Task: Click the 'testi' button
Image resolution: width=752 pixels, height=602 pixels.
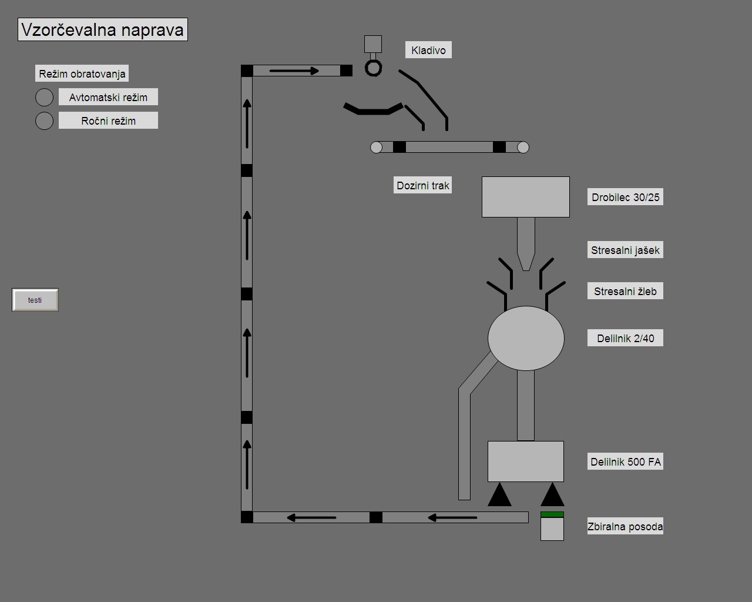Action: point(35,300)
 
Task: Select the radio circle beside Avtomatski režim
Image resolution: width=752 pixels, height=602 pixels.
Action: point(45,97)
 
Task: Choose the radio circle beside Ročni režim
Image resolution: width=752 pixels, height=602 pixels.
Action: point(45,121)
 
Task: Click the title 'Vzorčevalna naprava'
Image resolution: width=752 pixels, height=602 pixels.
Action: point(103,29)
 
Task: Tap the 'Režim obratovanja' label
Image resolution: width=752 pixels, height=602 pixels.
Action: point(82,74)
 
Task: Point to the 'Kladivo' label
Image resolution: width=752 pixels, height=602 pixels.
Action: point(428,51)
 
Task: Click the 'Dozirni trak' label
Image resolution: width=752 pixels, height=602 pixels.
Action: point(423,186)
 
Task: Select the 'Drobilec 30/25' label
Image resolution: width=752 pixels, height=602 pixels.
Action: point(626,198)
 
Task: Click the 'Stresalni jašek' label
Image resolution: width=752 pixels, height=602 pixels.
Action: point(626,250)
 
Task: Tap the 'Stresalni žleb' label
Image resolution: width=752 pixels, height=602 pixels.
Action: point(626,292)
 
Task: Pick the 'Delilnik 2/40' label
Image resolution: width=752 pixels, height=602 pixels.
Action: point(626,339)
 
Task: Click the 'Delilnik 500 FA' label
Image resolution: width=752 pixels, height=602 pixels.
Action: point(626,462)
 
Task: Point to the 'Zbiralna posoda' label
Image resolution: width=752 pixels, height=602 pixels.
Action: point(626,527)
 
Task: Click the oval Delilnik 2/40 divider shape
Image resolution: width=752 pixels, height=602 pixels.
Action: point(526,338)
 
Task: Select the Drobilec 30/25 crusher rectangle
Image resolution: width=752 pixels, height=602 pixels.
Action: point(526,197)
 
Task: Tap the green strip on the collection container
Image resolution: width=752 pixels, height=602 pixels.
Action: point(552,514)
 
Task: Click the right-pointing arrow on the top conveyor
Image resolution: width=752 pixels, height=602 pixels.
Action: point(294,71)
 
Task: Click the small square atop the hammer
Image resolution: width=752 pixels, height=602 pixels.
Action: point(373,44)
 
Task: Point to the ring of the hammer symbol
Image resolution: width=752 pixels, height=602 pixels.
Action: point(373,68)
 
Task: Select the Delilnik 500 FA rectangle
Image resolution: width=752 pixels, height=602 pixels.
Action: point(526,461)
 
